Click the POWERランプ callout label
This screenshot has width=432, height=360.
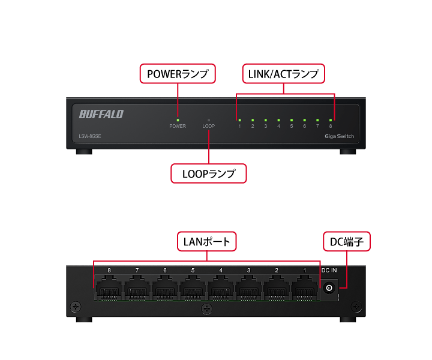click(178, 74)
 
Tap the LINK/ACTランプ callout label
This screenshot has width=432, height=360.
click(283, 74)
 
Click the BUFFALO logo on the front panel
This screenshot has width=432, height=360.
click(101, 113)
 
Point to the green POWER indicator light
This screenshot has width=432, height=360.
click(178, 120)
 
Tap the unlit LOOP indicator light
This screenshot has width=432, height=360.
click(209, 120)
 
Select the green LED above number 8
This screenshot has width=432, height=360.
click(331, 120)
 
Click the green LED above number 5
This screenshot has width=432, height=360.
click(292, 120)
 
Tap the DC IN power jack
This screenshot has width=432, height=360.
click(329, 289)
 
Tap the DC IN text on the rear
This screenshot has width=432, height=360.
click(329, 271)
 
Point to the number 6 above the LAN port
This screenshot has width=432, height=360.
click(165, 271)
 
